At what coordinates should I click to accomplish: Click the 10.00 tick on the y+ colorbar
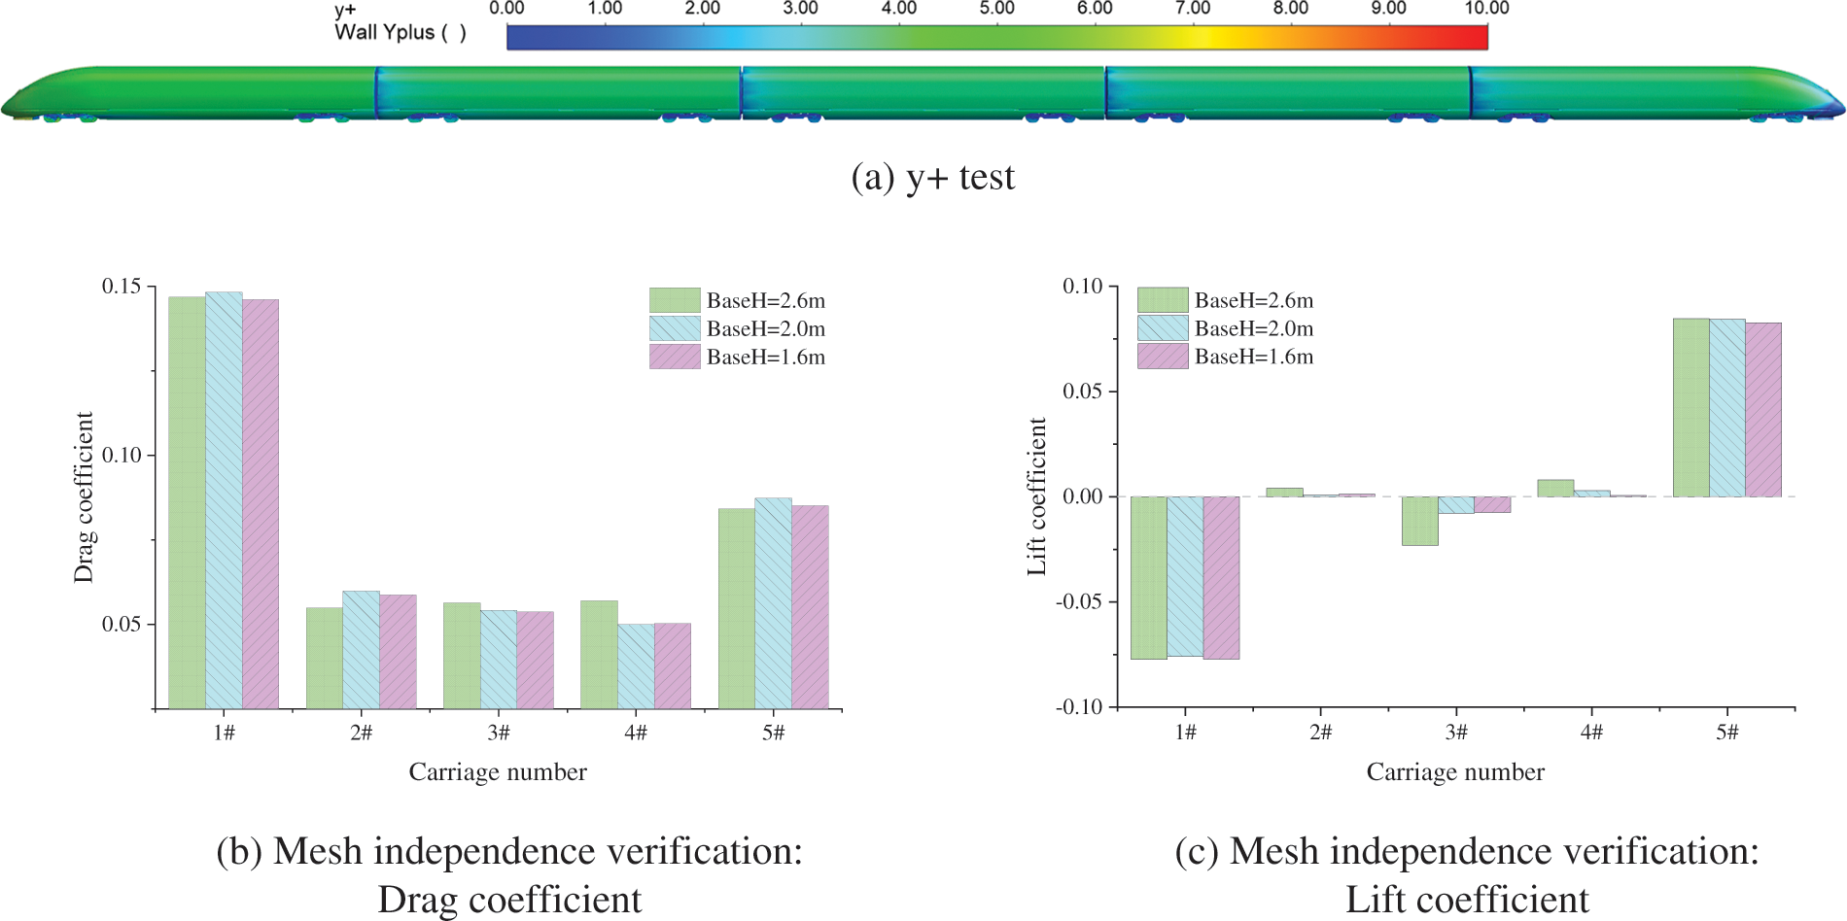[x=1486, y=9]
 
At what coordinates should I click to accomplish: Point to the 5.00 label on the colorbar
[x=996, y=9]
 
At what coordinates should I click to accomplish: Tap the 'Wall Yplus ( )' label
[x=400, y=33]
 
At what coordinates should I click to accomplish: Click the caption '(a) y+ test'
[x=932, y=178]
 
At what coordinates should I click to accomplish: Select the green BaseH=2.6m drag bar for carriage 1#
[x=187, y=502]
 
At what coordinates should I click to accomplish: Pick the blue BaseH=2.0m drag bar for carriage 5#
[x=773, y=603]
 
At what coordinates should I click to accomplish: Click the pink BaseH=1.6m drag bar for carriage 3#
[x=535, y=660]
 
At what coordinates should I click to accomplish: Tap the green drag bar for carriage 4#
[x=599, y=655]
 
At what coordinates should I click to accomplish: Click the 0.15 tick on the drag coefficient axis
[x=122, y=287]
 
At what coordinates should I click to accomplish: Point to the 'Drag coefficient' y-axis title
[x=84, y=496]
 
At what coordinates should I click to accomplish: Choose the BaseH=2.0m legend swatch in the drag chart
[x=675, y=328]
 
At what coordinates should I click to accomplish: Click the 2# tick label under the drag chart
[x=361, y=733]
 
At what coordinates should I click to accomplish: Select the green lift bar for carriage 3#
[x=1419, y=521]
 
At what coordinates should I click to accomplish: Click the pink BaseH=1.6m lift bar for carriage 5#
[x=1763, y=409]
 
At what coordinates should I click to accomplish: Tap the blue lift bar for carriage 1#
[x=1185, y=576]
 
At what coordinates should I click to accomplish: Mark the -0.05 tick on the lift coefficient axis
[x=1079, y=601]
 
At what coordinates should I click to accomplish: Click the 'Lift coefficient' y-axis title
[x=1037, y=496]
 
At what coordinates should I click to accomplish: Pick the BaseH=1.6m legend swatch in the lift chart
[x=1163, y=357]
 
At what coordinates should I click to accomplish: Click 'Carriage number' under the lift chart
[x=1454, y=772]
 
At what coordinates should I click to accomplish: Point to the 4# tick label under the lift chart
[x=1591, y=733]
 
